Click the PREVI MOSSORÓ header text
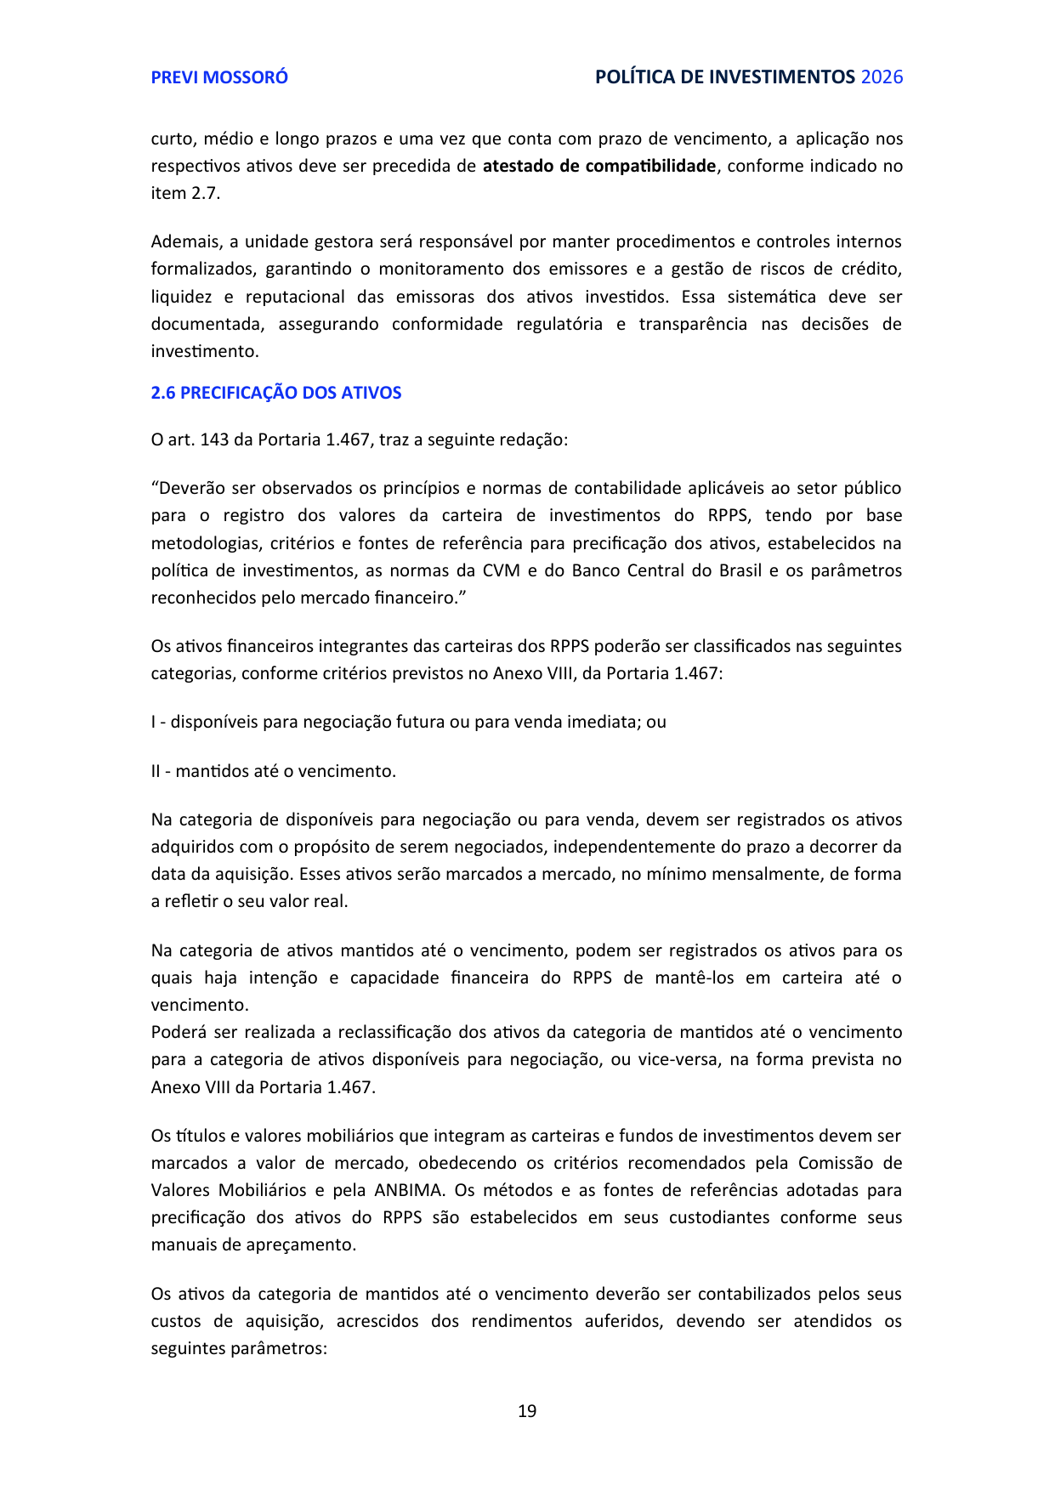click(x=219, y=77)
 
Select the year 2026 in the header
click(x=882, y=77)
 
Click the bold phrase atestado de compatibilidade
click(x=598, y=166)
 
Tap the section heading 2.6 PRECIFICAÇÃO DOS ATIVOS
click(x=276, y=393)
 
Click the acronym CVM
click(x=501, y=570)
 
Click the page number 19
click(x=527, y=1411)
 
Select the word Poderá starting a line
click(x=178, y=1032)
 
